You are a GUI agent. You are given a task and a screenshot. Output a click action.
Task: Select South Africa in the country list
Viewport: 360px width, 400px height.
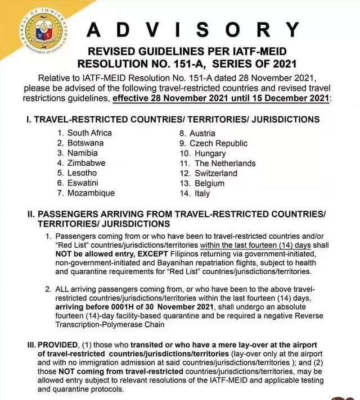pyautogui.click(x=89, y=133)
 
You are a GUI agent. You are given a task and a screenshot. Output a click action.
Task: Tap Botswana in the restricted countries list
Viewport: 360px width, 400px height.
pyautogui.click(x=85, y=143)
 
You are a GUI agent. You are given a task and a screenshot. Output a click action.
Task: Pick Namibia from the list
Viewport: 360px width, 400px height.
pyautogui.click(x=82, y=153)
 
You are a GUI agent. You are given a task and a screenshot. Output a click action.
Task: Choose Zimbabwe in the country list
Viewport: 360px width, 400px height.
pyautogui.click(x=86, y=163)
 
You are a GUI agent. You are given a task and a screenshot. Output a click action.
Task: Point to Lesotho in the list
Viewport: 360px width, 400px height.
pyautogui.click(x=82, y=173)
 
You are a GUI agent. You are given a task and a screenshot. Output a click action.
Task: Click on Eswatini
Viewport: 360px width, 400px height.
pyautogui.click(x=83, y=183)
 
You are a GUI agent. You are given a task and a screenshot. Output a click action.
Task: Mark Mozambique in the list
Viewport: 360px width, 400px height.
pyautogui.click(x=91, y=193)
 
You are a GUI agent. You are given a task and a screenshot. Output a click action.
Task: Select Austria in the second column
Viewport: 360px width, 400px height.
pyautogui.click(x=202, y=134)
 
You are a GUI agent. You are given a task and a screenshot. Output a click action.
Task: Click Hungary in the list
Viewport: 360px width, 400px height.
pyautogui.click(x=210, y=153)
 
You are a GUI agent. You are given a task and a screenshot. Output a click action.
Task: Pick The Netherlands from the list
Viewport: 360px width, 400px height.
pyautogui.click(x=225, y=163)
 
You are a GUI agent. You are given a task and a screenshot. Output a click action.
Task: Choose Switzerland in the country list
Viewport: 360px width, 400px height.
pyautogui.click(x=216, y=173)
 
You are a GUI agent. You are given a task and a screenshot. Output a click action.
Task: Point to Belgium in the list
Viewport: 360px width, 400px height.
pyautogui.click(x=209, y=183)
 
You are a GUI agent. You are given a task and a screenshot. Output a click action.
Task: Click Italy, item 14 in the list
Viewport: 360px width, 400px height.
pyautogui.click(x=202, y=193)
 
